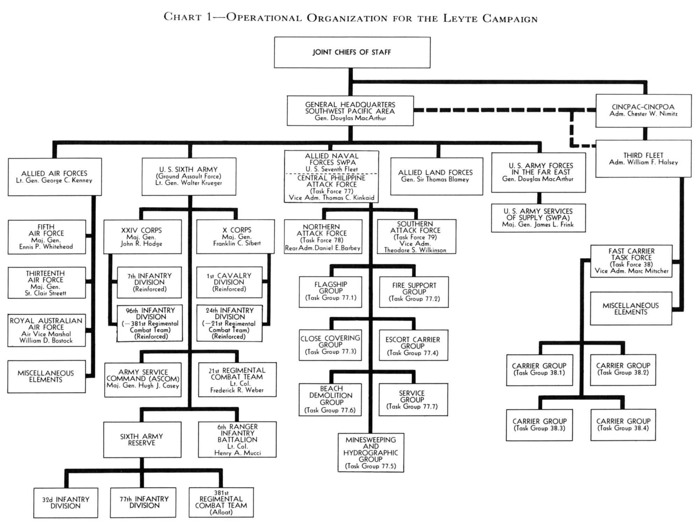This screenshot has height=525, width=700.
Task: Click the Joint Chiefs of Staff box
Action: pos(352,52)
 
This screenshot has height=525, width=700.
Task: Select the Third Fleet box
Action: pos(643,159)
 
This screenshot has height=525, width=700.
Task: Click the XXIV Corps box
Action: pos(142,237)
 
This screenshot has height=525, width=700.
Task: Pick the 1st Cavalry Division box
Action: pos(229,282)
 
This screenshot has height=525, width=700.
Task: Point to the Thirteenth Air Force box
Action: pos(46,283)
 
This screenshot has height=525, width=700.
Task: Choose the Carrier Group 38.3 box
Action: pos(539,425)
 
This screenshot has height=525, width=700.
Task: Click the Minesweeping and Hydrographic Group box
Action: pos(371,453)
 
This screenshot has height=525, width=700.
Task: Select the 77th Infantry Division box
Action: pos(143,502)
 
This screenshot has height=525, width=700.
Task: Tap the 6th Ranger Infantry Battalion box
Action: pos(237,440)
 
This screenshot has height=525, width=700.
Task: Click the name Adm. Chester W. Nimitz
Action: pos(643,114)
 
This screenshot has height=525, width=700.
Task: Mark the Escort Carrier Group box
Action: pos(413,345)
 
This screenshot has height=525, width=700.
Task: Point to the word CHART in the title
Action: pos(183,17)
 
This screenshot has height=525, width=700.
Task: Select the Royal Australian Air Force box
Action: pos(46,331)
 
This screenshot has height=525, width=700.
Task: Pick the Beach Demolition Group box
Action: pos(330,399)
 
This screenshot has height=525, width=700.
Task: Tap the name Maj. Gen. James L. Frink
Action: pos(538,225)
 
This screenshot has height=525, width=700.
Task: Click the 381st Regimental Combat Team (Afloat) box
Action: pos(221,502)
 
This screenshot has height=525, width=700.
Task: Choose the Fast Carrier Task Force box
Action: pos(631,261)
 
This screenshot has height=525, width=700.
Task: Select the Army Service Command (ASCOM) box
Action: pos(143,379)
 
